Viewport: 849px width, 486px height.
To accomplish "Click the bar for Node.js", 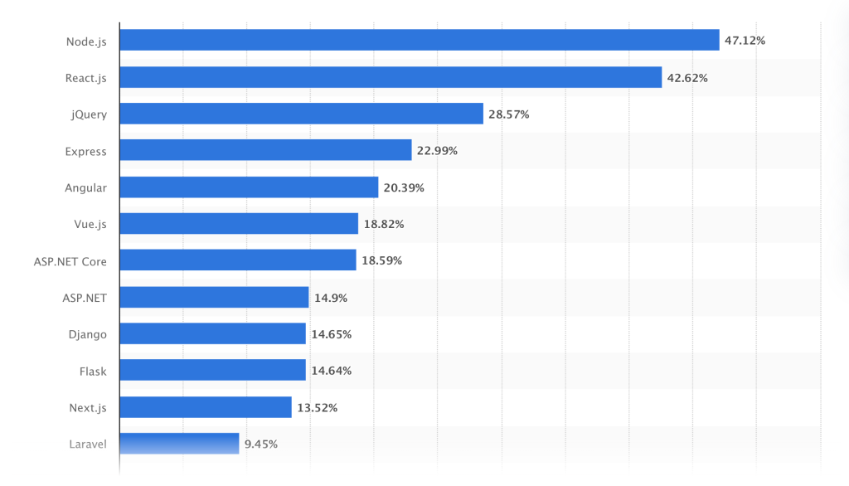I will (419, 41).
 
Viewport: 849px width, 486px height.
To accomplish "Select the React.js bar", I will (391, 78).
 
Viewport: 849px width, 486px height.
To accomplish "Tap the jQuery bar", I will (301, 114).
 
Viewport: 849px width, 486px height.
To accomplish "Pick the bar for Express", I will (265, 151).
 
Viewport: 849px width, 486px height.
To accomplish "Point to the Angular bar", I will (249, 187).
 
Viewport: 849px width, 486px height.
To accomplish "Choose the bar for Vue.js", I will (239, 224).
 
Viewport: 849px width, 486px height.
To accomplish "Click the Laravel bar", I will (179, 444).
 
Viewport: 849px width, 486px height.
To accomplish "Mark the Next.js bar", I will (206, 407).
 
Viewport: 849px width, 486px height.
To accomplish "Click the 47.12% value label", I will (745, 41).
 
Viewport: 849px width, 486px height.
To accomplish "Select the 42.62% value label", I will (688, 78).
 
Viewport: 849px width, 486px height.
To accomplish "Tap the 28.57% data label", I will (509, 114).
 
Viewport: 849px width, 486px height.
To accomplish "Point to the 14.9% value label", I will (328, 298).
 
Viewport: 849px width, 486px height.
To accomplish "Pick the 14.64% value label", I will (332, 371).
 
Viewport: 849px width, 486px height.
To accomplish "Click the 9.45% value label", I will (261, 444).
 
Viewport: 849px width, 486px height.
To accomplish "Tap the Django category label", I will (88, 334).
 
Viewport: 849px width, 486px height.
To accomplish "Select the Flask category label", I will (93, 371).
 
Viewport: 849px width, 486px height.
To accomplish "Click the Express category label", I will (86, 151).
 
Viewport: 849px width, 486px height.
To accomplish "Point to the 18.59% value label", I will (382, 261).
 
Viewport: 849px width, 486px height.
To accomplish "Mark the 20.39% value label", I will (404, 187).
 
